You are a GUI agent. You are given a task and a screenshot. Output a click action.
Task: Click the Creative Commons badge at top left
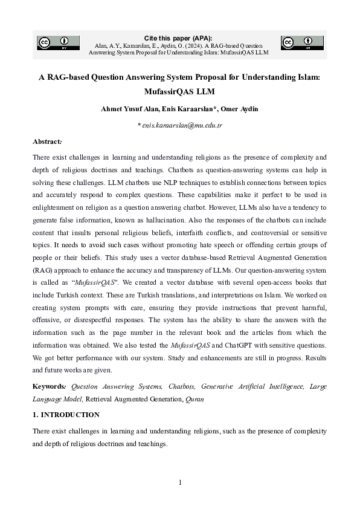coord(53,42)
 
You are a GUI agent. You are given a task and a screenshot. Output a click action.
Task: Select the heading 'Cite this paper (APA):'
coord(179,38)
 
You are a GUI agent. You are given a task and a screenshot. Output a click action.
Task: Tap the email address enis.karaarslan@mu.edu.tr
coord(181,125)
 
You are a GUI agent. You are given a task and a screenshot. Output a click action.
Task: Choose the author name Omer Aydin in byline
coord(240,109)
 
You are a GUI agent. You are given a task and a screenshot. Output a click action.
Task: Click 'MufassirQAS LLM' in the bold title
coord(179,92)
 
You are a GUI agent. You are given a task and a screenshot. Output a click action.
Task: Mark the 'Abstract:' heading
coord(47,141)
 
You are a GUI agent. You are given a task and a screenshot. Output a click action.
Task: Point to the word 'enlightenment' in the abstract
coord(54,207)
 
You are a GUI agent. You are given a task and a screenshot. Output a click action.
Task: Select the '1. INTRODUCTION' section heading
coord(65,415)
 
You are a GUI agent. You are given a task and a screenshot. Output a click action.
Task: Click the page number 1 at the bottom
coord(180,482)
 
